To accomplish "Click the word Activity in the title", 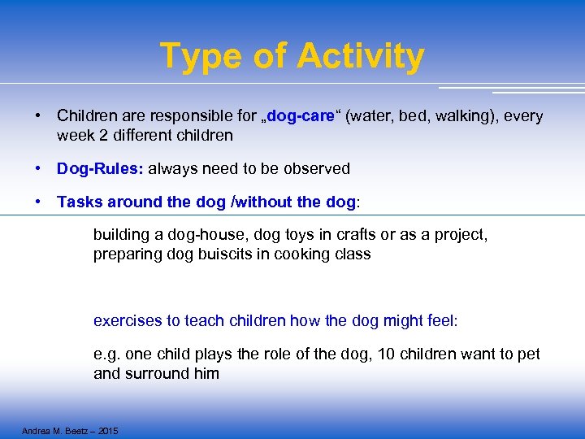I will [x=360, y=56].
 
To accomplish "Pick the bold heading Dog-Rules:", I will [x=100, y=169].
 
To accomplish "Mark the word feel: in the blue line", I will [x=440, y=321].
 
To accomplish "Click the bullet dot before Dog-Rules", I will [x=38, y=169].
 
